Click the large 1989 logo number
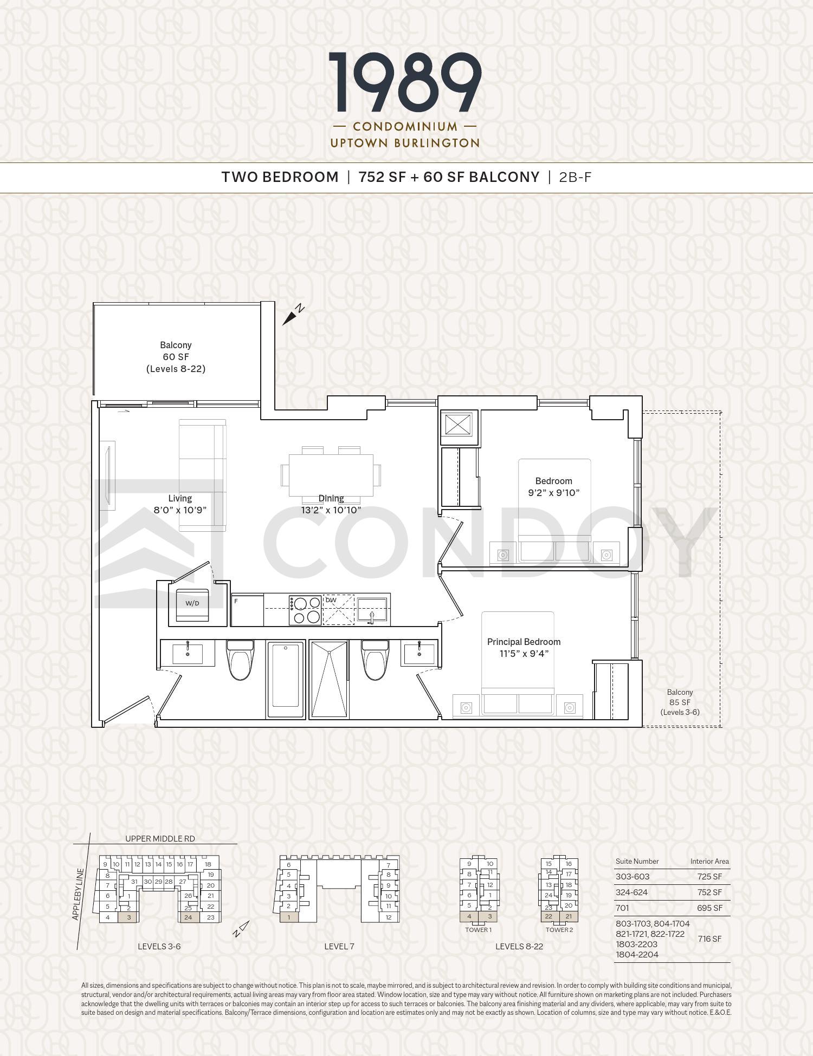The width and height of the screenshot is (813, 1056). click(405, 82)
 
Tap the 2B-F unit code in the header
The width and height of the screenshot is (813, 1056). click(575, 177)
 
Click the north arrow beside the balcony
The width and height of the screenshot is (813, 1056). click(293, 315)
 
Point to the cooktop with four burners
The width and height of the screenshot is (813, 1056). click(305, 610)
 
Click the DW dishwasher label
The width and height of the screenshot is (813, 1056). click(331, 600)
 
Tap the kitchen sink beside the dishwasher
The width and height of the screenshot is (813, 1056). click(372, 610)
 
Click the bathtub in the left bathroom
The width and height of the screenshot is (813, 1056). click(286, 679)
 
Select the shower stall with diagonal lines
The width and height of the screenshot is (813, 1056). click(329, 680)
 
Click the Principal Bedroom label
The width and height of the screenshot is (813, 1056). click(524, 642)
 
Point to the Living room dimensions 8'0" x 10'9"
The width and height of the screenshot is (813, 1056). click(180, 510)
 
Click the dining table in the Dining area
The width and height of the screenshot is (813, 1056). click(331, 475)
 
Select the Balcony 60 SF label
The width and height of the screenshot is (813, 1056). click(176, 351)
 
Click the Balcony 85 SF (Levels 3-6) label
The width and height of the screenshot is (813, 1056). click(680, 702)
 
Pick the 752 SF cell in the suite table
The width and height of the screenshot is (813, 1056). click(709, 892)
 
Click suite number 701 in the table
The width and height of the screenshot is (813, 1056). click(622, 908)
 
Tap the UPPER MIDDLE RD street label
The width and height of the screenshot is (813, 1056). click(160, 838)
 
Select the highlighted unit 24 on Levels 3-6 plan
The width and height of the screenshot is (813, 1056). click(188, 917)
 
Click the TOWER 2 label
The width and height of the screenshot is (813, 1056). click(559, 930)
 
